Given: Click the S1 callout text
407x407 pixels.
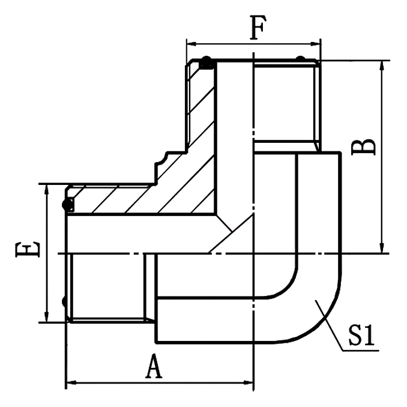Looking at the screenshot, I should coord(361,337).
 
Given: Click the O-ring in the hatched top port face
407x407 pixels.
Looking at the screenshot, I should coord(206,62).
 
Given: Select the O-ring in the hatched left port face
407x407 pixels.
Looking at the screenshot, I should coord(68,205).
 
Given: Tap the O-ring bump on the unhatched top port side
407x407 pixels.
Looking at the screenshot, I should coord(300,59).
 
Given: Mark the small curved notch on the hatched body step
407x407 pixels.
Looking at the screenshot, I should coord(161,158).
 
